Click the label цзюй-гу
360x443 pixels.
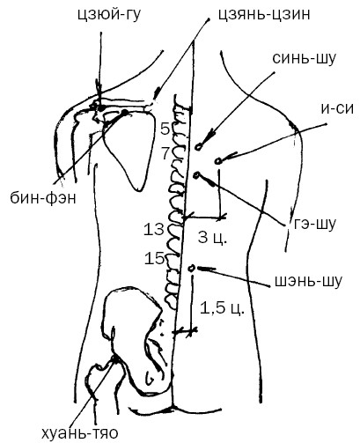point(108,15)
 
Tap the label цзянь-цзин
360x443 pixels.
point(264,15)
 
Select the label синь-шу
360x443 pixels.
point(304,58)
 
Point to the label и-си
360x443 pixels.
point(337,108)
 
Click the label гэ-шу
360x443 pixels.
point(314,225)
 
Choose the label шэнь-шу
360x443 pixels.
point(308,281)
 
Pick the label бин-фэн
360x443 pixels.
point(43,198)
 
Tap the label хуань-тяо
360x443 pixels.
point(80,432)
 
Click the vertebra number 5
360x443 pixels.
point(165,129)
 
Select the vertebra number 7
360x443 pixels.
point(166,153)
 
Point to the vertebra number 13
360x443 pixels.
point(154,229)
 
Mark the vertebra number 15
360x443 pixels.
point(154,258)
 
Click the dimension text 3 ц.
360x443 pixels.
point(212,237)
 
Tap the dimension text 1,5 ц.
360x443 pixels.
point(222,308)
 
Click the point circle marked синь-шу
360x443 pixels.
point(199,147)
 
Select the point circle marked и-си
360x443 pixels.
point(217,161)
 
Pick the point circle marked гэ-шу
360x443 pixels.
point(196,175)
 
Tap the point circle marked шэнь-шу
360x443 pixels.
point(192,269)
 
